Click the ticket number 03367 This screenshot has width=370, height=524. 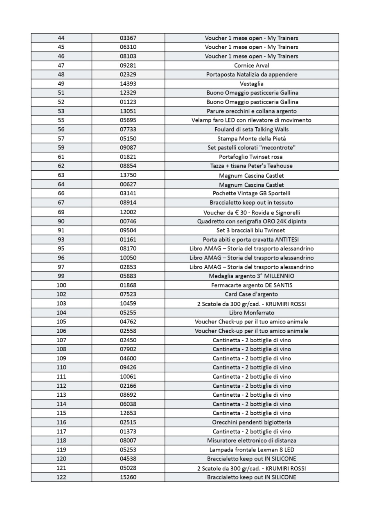pyautogui.click(x=128, y=38)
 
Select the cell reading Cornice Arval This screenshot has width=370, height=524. pyautogui.click(x=251, y=65)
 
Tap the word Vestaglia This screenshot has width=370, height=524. pyautogui.click(x=251, y=84)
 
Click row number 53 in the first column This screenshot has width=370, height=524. pyautogui.click(x=61, y=111)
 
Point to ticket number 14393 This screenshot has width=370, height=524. pyautogui.click(x=128, y=84)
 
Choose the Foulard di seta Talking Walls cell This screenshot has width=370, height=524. pyautogui.click(x=251, y=129)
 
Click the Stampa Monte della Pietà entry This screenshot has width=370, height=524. pyautogui.click(x=251, y=138)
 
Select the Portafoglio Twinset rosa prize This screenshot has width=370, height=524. pyautogui.click(x=251, y=157)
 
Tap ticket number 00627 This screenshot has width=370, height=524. pyautogui.click(x=128, y=185)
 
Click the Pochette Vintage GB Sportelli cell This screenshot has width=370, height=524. pyautogui.click(x=251, y=193)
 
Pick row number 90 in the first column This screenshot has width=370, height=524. pyautogui.click(x=61, y=221)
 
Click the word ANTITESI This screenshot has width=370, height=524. pyautogui.click(x=286, y=239)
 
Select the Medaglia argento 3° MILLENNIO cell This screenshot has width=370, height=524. pyautogui.click(x=251, y=276)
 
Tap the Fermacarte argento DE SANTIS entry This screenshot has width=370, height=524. pyautogui.click(x=251, y=285)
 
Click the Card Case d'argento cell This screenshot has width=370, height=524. pyautogui.click(x=251, y=294)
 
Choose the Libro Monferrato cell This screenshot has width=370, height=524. pyautogui.click(x=251, y=313)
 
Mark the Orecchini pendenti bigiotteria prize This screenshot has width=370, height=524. pyautogui.click(x=251, y=422)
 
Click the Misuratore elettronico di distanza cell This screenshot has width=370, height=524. pyautogui.click(x=251, y=440)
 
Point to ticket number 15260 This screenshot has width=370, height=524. pyautogui.click(x=128, y=477)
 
